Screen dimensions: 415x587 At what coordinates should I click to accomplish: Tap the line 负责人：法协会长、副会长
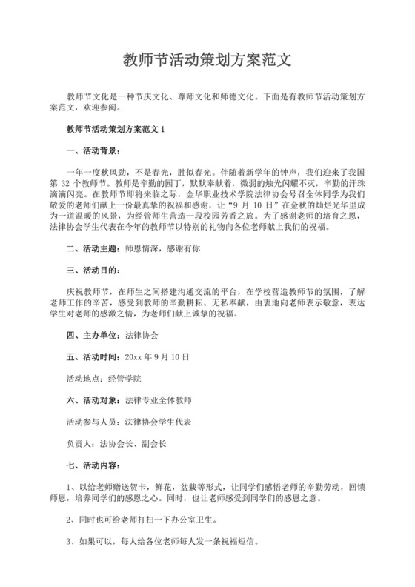coord(116,443)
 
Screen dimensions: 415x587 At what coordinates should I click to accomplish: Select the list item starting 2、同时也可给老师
coord(141,521)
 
